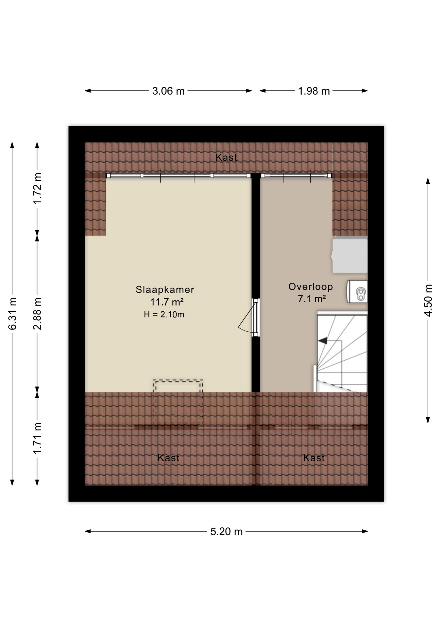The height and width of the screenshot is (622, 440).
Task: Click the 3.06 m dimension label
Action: tap(168, 91)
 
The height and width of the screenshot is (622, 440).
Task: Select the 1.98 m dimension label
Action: tap(314, 91)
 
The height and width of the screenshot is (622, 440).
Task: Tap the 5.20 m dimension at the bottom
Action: tap(226, 532)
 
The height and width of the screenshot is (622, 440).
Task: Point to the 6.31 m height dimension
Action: tap(12, 314)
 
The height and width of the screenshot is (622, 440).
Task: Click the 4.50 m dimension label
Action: tap(428, 301)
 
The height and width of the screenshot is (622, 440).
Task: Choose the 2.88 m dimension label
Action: tap(37, 314)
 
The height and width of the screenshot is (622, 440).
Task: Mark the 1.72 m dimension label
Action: tap(37, 189)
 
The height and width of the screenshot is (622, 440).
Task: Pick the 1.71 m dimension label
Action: tap(37, 438)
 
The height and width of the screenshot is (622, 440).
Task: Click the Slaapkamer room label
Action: tap(165, 289)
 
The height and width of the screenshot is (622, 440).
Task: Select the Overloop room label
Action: tap(311, 287)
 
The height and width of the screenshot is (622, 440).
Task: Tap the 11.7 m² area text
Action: tap(167, 302)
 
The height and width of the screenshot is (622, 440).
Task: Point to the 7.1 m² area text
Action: tap(312, 299)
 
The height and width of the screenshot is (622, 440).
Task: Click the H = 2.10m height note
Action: tap(164, 314)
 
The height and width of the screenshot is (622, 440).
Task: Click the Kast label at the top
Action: tap(226, 158)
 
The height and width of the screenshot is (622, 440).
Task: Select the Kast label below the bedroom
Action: tap(168, 458)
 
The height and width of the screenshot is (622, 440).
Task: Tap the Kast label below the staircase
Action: tap(314, 458)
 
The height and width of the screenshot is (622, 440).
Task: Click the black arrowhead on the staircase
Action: tap(323, 340)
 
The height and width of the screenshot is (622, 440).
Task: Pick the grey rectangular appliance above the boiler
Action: tap(350, 256)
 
